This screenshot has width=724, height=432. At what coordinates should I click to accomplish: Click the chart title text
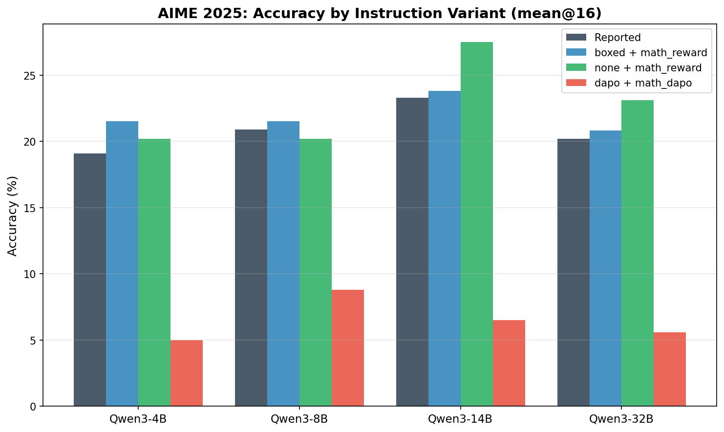click(x=379, y=13)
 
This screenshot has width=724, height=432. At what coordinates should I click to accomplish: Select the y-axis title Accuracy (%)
click(x=13, y=216)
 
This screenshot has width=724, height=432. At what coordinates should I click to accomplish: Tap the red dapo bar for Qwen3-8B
click(x=348, y=347)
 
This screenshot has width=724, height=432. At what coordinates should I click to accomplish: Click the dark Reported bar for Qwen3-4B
click(x=90, y=280)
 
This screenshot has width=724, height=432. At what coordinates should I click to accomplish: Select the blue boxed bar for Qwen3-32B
click(x=605, y=268)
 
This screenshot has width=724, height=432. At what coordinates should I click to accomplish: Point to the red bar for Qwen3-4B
click(x=187, y=373)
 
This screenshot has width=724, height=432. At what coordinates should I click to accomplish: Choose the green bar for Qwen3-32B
click(x=638, y=253)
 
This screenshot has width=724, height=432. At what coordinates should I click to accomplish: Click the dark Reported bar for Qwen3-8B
click(x=251, y=268)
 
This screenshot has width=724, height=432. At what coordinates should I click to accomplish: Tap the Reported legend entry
click(x=618, y=38)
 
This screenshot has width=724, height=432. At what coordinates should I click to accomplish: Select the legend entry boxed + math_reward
click(x=651, y=53)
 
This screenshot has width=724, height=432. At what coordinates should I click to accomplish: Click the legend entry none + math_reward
click(x=648, y=68)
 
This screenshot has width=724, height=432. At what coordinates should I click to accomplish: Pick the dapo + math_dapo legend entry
click(x=643, y=83)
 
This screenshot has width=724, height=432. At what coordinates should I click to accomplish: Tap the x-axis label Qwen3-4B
click(x=138, y=419)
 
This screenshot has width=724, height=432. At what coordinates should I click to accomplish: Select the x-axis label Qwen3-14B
click(x=460, y=419)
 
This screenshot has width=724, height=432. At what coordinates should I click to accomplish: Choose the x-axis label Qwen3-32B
click(x=621, y=419)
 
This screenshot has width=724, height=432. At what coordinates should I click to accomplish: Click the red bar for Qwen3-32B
click(x=670, y=369)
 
